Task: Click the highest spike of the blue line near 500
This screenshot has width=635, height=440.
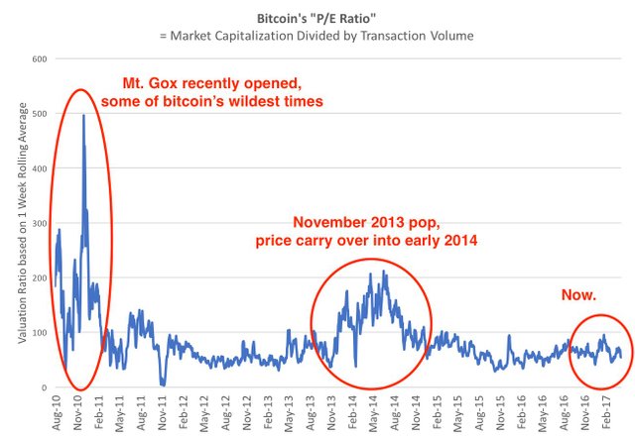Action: coord(83,116)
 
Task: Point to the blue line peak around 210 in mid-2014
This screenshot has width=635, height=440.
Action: coord(384,272)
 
